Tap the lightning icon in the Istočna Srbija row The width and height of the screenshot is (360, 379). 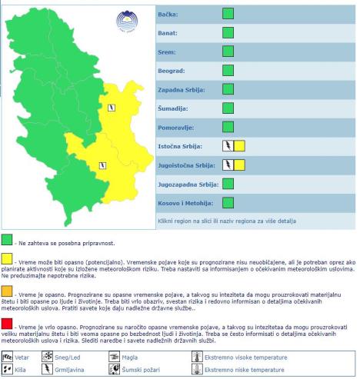click(228, 145)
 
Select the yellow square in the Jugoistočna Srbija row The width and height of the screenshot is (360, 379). click(239, 164)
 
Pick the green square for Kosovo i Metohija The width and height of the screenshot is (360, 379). click(228, 202)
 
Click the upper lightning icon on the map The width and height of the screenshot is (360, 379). click(112, 108)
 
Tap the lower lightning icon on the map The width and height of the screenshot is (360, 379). click(102, 164)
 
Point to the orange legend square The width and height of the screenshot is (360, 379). click(7, 291)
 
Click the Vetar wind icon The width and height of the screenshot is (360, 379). click(8, 336)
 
